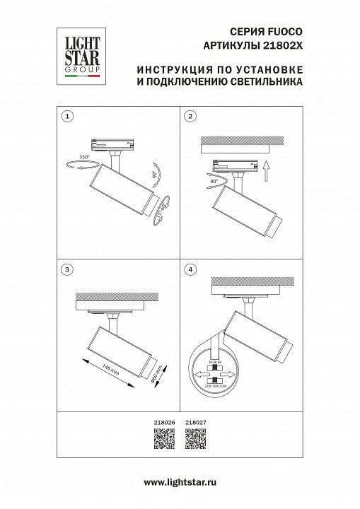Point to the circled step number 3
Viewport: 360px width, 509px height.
point(66,269)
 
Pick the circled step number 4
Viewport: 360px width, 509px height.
point(190,269)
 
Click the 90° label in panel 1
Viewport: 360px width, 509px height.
point(153,174)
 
